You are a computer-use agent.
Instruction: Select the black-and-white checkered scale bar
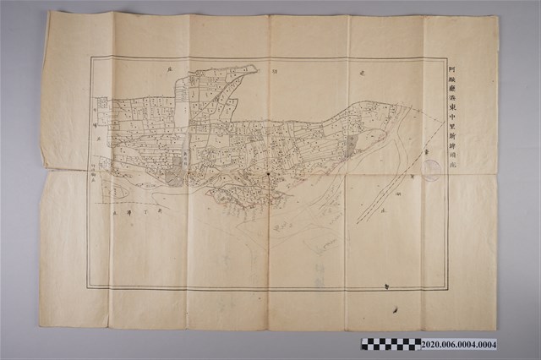pos(391,344)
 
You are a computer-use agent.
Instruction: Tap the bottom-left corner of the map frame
pos(89,288)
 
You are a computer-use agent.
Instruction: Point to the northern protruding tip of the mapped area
pos(254,67)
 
